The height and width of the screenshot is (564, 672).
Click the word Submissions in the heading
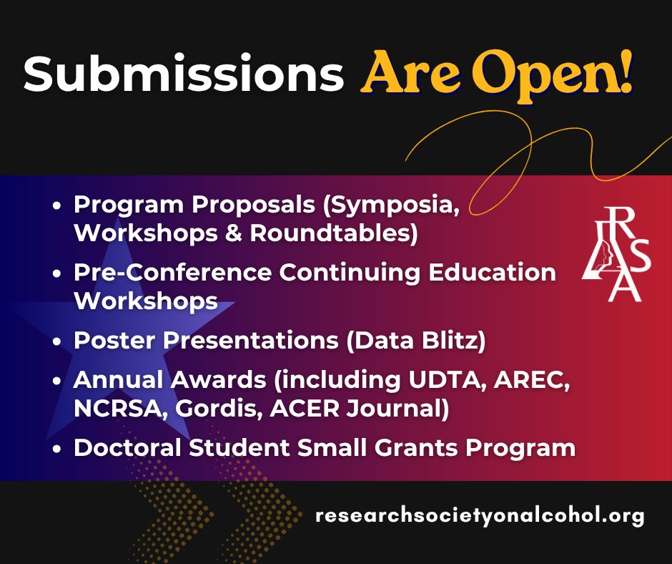coord(184,73)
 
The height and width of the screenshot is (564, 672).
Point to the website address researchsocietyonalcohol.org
coord(480,515)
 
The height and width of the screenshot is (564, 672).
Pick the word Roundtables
coord(333,233)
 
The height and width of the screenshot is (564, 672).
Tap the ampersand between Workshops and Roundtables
coord(233,233)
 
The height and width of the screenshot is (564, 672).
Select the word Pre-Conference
coord(173,272)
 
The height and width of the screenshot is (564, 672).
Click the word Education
coord(492,272)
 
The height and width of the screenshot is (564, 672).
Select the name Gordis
coord(219,409)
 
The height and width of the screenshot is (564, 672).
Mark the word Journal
coord(397,409)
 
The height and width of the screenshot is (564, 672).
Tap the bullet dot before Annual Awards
coord(57,381)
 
